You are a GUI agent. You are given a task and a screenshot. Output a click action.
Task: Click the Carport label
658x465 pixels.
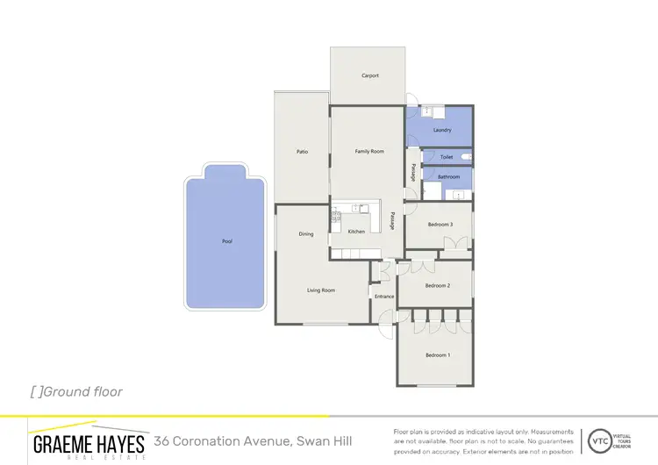[x=370, y=75]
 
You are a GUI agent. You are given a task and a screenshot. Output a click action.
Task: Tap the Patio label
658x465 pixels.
[x=302, y=152]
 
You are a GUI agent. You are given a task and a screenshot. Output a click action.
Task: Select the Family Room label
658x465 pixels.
[x=369, y=152]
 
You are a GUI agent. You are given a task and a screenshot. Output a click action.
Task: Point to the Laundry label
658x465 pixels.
[x=442, y=131]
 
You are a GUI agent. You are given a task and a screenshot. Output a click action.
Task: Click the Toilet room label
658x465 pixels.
[x=447, y=157]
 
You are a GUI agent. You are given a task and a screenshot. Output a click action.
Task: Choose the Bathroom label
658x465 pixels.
[x=449, y=176]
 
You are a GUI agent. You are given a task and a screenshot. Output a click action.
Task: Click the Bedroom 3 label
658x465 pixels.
[x=440, y=225]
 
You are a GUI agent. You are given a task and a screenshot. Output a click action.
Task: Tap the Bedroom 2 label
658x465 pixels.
[x=438, y=286]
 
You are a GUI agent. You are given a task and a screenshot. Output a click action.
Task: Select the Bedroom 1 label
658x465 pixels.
[x=438, y=354]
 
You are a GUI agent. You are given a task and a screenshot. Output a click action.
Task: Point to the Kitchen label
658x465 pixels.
[x=356, y=232]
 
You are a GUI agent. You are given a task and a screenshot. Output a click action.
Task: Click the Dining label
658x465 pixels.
[x=305, y=234]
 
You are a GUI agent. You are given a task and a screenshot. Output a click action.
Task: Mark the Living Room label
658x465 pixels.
[x=321, y=290]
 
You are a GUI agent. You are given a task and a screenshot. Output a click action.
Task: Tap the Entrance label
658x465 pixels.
[x=384, y=297]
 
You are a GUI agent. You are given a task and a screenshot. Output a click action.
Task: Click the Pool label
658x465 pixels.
[x=227, y=241]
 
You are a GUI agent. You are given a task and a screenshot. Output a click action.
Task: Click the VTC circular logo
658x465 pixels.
[x=600, y=439]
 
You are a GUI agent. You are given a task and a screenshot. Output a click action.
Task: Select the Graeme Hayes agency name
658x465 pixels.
[x=89, y=442]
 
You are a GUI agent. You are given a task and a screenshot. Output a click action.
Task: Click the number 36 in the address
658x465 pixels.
[x=162, y=440]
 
